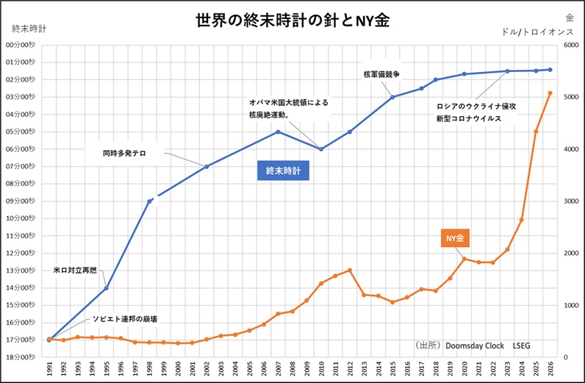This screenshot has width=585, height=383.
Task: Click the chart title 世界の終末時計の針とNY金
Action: (x=292, y=21)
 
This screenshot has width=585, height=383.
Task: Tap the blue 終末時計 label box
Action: (x=283, y=171)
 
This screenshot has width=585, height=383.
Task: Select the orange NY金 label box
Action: (x=455, y=238)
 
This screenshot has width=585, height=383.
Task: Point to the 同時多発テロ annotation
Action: (x=124, y=154)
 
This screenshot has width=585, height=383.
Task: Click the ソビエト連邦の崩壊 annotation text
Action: (x=124, y=320)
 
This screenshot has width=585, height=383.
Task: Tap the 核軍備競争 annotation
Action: (x=381, y=74)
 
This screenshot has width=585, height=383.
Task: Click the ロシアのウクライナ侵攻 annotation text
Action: (x=476, y=106)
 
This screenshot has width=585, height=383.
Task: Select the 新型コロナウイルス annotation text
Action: (x=468, y=118)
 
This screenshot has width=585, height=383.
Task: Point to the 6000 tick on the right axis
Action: (x=572, y=45)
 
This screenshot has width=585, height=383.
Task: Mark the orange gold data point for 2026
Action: (x=550, y=93)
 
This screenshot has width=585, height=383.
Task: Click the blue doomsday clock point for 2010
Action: (x=321, y=149)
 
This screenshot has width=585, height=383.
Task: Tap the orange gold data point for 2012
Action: (x=350, y=270)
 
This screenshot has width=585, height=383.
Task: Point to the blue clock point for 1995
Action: (x=107, y=287)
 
